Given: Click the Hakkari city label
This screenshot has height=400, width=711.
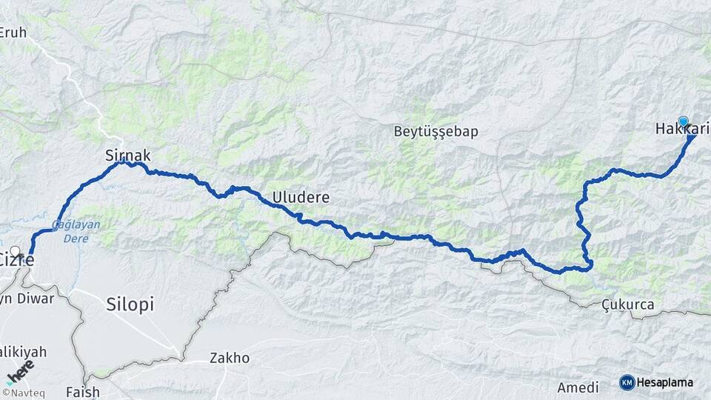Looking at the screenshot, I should point(682,130).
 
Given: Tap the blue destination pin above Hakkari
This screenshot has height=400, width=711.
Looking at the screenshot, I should point(683,121).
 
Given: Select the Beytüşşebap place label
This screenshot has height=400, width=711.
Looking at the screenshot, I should point(435,132).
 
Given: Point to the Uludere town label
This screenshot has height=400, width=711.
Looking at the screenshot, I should point(301,198).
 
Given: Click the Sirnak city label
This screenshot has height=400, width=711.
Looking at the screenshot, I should point(128,156).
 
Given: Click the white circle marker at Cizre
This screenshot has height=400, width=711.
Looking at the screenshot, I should point(16,251).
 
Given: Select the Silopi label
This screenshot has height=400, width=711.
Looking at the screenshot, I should point(130,304).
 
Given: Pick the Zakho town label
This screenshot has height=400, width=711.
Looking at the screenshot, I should point(230,359).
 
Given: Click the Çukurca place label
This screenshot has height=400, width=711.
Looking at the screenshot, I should point(627,304).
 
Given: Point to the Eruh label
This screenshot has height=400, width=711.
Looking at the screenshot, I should point(13,32).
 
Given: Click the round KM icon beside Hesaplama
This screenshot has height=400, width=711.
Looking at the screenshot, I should point(627,382).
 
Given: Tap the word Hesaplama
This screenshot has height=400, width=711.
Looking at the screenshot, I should point(665,382).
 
